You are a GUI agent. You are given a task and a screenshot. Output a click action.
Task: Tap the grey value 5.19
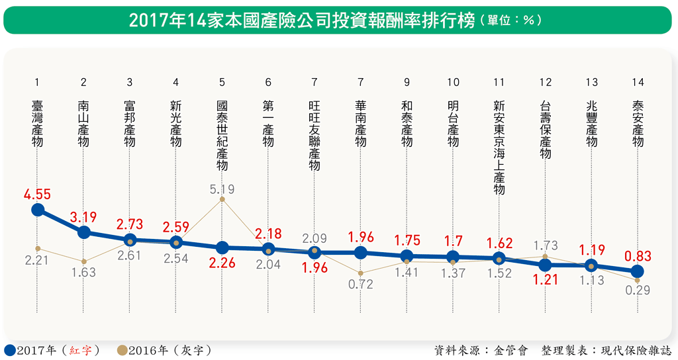(222, 189)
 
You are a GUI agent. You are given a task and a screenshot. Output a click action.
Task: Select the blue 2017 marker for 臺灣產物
(38, 210)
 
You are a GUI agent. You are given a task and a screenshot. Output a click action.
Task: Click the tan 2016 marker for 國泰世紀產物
(222, 199)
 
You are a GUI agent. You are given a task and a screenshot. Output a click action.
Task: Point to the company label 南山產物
(83, 123)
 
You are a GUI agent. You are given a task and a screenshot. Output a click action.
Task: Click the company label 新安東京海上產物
(499, 147)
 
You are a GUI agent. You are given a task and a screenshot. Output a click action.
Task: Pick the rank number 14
(638, 83)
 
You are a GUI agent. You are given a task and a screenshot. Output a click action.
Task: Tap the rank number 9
(407, 83)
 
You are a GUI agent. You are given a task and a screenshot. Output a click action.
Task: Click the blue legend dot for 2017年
(10, 349)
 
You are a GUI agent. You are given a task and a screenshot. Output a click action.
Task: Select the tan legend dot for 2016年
(122, 349)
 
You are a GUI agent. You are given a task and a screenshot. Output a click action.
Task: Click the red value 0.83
(637, 256)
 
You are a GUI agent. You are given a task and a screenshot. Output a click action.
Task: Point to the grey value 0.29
(637, 289)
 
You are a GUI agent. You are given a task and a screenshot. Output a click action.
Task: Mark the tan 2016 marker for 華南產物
(360, 273)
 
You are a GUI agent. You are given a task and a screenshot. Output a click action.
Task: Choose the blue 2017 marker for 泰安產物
(637, 271)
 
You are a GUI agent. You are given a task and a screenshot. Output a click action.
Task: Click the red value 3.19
(83, 216)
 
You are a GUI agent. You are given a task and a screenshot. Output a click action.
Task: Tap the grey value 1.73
(545, 246)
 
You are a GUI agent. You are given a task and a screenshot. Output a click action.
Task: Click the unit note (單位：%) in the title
(510, 21)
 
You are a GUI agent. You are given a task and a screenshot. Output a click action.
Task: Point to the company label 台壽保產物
(545, 130)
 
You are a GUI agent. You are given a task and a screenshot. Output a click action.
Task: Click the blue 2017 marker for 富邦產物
(130, 240)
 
